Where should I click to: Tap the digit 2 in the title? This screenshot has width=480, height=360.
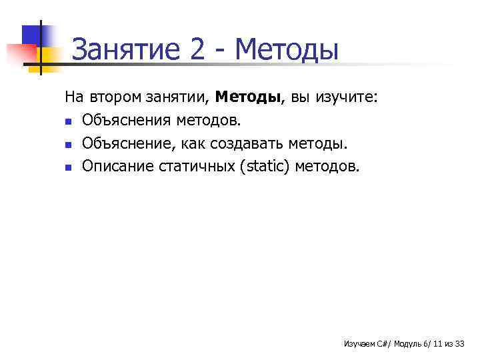197,50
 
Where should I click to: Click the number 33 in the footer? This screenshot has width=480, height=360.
459,344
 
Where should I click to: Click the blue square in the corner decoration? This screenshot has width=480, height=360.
31,34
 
